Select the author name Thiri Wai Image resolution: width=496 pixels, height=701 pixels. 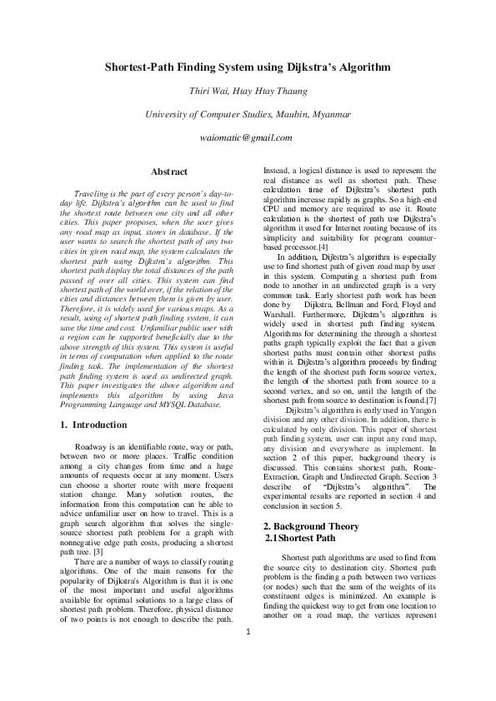[x=207, y=91]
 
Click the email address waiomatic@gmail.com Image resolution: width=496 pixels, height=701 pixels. [x=247, y=137]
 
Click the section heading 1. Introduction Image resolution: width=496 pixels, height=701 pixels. [x=95, y=425]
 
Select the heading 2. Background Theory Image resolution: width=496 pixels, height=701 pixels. [x=311, y=526]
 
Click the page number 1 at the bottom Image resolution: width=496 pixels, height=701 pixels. [x=248, y=655]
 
